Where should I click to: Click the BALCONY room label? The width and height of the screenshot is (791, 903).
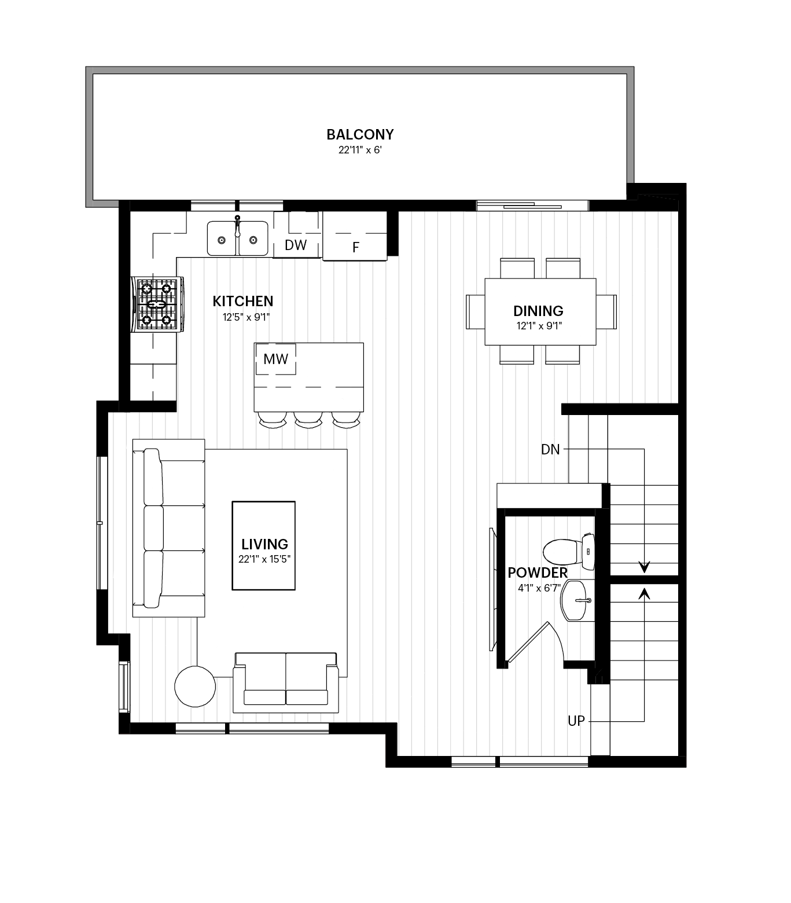pos(360,134)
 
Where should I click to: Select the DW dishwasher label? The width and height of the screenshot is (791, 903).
pos(296,245)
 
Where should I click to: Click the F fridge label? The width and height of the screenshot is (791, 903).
pos(356,248)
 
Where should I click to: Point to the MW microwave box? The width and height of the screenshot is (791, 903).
pos(275,359)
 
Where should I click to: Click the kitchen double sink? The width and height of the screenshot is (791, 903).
pos(238,238)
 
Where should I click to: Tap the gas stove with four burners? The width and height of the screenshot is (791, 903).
pos(157,304)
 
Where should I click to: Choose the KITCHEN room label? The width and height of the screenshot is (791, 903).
pos(243,301)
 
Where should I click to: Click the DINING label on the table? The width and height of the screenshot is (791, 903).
pos(538,311)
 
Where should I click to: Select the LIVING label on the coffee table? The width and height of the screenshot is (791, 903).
pos(264,544)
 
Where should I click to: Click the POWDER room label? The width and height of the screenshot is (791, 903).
pos(538,573)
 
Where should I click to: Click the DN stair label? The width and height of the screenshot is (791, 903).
pos(550,449)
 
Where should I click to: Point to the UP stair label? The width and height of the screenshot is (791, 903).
pos(576,721)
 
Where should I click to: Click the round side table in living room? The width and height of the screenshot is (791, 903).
pos(195,686)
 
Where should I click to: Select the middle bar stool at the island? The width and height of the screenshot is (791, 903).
pos(308,419)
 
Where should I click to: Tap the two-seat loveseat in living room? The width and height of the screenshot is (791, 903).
pos(285,682)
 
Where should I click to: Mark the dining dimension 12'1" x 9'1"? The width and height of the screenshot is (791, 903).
pos(539,326)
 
